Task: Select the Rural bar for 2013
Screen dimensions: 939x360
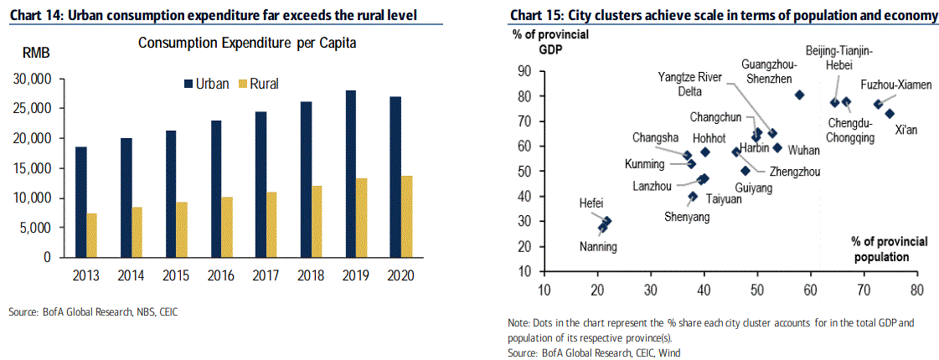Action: click(x=91, y=235)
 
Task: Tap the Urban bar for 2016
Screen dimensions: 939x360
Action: click(x=215, y=189)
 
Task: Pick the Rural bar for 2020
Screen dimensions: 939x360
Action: click(x=407, y=217)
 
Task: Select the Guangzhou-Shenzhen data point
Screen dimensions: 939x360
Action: click(x=799, y=95)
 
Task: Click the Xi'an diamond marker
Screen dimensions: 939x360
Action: click(x=890, y=114)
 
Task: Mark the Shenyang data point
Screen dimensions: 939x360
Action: click(x=693, y=197)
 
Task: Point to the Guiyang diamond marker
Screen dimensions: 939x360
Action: click(x=746, y=171)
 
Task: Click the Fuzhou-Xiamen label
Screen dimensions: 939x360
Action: click(x=896, y=85)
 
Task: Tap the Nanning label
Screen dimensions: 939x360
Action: click(x=598, y=246)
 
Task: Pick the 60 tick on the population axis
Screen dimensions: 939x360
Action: click(x=810, y=291)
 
